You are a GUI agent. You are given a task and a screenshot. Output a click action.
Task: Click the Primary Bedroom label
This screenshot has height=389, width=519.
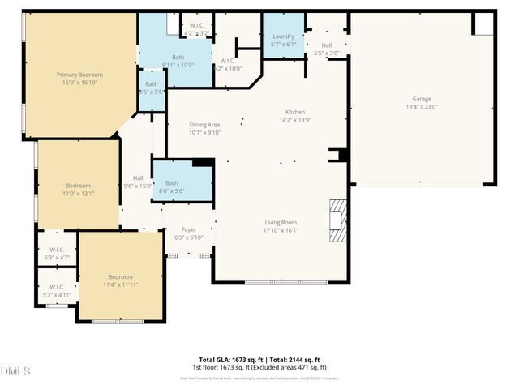pyautogui.click(x=79, y=75)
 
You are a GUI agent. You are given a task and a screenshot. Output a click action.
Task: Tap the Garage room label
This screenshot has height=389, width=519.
pyautogui.click(x=421, y=99)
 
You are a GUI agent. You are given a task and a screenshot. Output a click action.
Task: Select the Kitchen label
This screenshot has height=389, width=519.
pyautogui.click(x=294, y=112)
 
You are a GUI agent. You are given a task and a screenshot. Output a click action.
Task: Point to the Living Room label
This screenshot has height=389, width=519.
pyautogui.click(x=281, y=222)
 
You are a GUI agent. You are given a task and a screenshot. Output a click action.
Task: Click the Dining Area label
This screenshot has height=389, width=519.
pyautogui.click(x=204, y=124)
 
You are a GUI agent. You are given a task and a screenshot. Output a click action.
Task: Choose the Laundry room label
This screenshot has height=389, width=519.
pyautogui.click(x=283, y=36)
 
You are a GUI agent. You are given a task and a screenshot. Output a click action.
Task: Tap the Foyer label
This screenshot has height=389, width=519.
pyautogui.click(x=189, y=229)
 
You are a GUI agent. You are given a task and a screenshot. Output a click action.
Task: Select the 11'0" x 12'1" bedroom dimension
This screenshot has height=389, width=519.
pyautogui.click(x=79, y=194)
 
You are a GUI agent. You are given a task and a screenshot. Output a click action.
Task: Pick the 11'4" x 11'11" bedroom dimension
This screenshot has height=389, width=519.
pyautogui.click(x=120, y=285)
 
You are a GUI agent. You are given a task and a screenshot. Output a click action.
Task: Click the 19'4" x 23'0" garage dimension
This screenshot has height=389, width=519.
pyautogui.click(x=421, y=107)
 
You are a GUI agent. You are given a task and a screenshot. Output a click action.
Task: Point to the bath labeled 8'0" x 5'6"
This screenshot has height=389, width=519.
pyautogui.click(x=172, y=187)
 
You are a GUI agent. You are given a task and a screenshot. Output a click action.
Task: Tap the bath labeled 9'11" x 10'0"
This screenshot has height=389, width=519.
pyautogui.click(x=178, y=61)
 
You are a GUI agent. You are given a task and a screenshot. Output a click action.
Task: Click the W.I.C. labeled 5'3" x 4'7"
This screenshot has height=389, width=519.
pyautogui.click(x=57, y=254)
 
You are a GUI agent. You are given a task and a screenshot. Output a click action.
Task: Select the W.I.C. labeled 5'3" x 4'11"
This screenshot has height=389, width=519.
pyautogui.click(x=57, y=291)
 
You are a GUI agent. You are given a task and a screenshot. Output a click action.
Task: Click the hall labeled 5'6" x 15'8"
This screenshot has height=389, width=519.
pyautogui.click(x=138, y=182)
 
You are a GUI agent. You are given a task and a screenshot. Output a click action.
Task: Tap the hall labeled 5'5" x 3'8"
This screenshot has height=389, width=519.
pyautogui.click(x=327, y=49)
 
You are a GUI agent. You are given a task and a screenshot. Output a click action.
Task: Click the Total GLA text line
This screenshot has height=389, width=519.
pyautogui.click(x=259, y=359)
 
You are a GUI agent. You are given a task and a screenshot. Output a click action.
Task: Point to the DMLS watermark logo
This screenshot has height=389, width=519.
pyautogui.click(x=16, y=371)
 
